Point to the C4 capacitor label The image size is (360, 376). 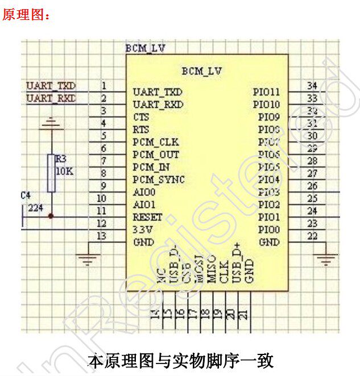[26, 195]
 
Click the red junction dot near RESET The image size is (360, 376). [51, 216]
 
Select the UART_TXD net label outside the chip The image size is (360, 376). [51, 86]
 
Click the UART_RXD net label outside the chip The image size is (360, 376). [51, 98]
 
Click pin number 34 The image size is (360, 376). [312, 86]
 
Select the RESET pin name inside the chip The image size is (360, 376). [147, 217]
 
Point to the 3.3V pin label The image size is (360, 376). [142, 229]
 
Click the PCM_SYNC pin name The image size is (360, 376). [159, 179]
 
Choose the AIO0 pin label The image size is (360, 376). [144, 192]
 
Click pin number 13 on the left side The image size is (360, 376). [102, 236]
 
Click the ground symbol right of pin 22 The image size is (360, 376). [326, 260]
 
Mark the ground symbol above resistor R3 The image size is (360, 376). [51, 123]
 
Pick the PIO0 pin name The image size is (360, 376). [269, 230]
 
